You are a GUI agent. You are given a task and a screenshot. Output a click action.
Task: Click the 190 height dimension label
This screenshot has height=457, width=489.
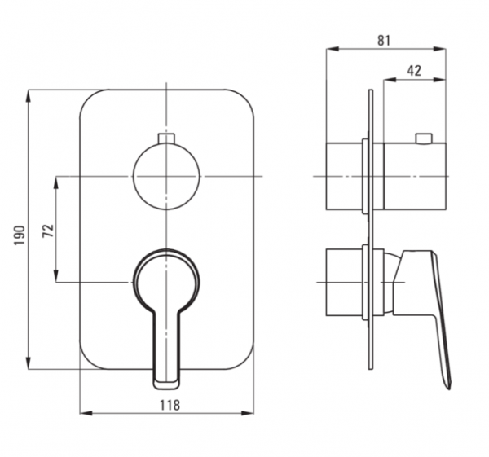[x=20, y=235]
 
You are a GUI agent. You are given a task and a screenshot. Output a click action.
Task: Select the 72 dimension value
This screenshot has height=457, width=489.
[x=48, y=231]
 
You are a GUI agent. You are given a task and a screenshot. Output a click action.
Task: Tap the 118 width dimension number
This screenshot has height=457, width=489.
[x=170, y=405]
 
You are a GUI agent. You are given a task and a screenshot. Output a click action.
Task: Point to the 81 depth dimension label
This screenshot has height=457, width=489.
[x=384, y=41]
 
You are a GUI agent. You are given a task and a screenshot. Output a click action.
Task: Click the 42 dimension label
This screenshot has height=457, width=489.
[x=414, y=71]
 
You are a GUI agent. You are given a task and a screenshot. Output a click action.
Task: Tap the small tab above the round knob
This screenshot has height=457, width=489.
[x=166, y=138]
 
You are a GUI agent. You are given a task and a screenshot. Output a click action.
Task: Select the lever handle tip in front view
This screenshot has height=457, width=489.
[x=166, y=385]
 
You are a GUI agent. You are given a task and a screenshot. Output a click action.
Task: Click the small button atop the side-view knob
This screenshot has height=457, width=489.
[x=424, y=138]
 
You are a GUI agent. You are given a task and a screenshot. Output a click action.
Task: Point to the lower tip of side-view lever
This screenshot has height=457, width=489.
[x=449, y=389]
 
